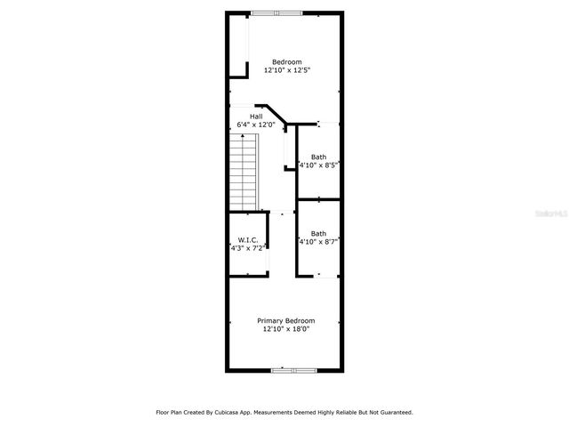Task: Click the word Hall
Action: point(256,117)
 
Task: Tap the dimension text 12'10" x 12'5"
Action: point(286,69)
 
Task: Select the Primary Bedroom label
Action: point(286,320)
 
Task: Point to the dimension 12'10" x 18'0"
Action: point(286,328)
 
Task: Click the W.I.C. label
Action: point(246,240)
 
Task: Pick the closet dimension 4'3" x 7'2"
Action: point(246,248)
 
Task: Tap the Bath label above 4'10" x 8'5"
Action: point(317,157)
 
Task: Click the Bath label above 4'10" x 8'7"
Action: point(317,233)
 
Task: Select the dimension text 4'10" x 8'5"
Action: point(319,165)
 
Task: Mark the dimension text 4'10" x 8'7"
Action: point(319,241)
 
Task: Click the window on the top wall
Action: point(276,12)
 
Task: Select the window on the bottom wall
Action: point(293,369)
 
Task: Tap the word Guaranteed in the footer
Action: point(392,412)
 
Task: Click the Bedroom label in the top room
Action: point(286,61)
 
